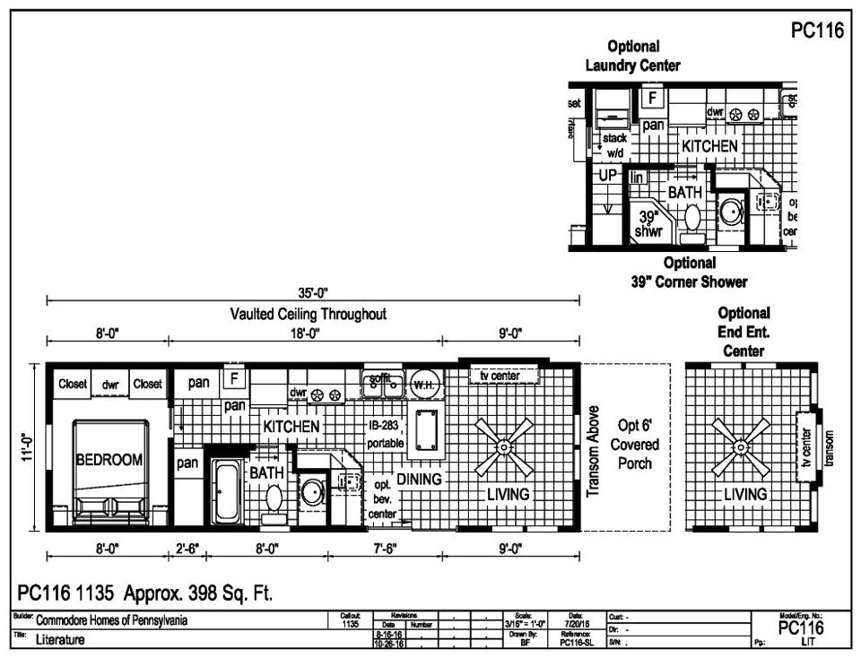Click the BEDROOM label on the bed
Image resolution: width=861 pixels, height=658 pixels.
tap(109, 460)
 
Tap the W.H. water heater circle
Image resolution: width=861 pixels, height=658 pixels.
tap(422, 385)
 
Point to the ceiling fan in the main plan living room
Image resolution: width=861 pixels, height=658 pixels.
tap(505, 446)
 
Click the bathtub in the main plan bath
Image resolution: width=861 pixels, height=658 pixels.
tap(223, 489)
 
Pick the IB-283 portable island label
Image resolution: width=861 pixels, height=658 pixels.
tap(387, 435)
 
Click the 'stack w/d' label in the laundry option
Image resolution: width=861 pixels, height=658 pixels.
tap(614, 145)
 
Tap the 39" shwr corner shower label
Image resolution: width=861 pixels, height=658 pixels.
tap(648, 224)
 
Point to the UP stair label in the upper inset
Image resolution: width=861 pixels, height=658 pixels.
tap(608, 176)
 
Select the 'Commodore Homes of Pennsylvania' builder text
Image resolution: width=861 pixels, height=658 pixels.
tap(112, 620)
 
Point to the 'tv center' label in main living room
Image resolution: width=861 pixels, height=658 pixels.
tap(500, 376)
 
